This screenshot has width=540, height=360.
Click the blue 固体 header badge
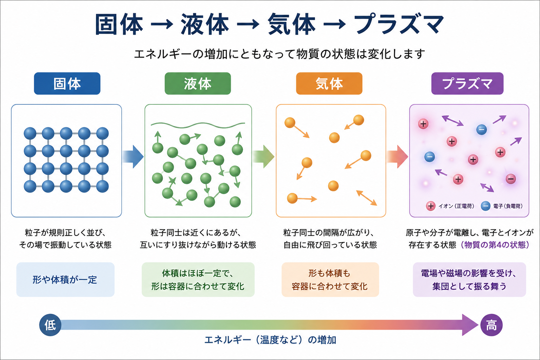coord(67,83)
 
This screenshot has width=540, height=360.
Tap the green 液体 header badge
coord(198,83)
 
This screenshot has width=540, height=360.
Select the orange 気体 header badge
coord(329,83)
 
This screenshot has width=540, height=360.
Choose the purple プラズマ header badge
coord(467,83)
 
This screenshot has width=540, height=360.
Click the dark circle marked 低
coord(50,325)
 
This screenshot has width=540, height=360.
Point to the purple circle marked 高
coord(491,325)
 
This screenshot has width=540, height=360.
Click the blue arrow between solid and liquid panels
coord(133,157)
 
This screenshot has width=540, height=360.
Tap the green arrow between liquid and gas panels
coord(263,157)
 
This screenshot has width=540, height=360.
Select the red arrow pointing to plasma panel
coord(397,157)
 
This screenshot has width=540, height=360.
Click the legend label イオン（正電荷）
coord(456,206)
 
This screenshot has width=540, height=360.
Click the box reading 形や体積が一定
coord(65,279)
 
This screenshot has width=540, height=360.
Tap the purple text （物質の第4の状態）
coord(494,245)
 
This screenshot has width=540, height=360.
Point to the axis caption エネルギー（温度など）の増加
coord(270,340)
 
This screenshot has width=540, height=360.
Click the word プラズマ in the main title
coord(399,24)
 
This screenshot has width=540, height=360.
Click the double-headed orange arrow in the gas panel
coord(366,198)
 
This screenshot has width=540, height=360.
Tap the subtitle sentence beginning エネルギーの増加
coord(279,54)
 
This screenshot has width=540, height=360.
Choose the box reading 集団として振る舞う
coord(469,279)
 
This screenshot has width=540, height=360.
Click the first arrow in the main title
coord(162,24)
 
